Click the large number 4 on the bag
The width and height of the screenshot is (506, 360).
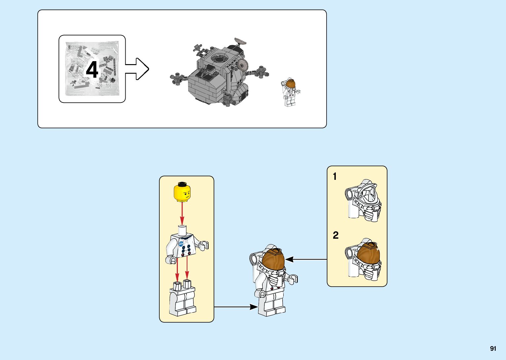[92, 70]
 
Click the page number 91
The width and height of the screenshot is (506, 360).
[493, 349]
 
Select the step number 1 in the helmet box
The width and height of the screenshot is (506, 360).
[335, 177]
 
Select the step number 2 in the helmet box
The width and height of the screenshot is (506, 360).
[336, 235]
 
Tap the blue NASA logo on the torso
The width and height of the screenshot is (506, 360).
[181, 244]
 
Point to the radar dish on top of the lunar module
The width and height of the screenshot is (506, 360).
[241, 41]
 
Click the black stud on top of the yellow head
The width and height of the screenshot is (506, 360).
[182, 183]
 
